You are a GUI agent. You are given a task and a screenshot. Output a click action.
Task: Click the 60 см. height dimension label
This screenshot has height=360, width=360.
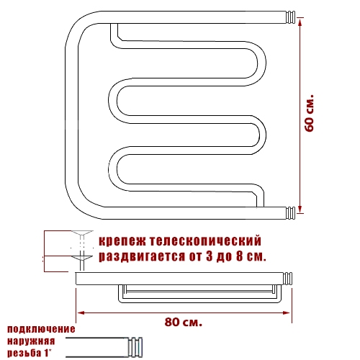click(x=310, y=112)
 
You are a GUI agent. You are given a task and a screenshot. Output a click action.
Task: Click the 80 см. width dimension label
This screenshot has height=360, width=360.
click(x=184, y=322)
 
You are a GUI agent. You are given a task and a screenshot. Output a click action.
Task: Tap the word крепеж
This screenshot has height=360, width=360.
click(x=122, y=241)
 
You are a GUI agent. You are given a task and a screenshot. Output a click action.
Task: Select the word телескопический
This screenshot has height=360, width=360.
click(x=206, y=240)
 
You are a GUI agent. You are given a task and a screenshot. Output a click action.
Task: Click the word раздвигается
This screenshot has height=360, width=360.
click(x=142, y=256)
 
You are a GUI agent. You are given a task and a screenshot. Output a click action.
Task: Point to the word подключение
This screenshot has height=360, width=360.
click(x=41, y=329)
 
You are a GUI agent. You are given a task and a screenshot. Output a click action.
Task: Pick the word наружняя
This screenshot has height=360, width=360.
click(x=31, y=341)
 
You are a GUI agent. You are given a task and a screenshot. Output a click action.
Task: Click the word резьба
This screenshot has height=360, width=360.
click(x=24, y=353)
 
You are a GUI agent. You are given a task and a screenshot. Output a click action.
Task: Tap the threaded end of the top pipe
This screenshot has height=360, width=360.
click(x=290, y=17)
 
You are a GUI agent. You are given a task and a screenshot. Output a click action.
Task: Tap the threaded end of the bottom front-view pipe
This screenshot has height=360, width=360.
click(x=290, y=213)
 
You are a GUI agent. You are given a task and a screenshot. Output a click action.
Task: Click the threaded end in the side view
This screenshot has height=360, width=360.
click(x=287, y=279)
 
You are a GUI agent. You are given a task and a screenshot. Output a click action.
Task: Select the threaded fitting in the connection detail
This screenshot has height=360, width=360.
click(x=135, y=347)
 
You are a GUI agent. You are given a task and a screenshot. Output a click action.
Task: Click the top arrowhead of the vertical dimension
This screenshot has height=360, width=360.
click(x=300, y=22)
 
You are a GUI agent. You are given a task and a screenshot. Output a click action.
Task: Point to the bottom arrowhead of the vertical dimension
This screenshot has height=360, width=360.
click(x=300, y=208)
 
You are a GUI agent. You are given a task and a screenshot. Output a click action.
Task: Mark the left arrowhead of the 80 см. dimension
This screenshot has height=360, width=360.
click(x=81, y=312)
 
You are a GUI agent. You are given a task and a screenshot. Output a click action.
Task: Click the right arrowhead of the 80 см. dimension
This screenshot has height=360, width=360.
click(x=287, y=312)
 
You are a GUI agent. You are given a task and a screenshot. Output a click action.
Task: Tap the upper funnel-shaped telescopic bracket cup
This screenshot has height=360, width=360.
click(x=82, y=233)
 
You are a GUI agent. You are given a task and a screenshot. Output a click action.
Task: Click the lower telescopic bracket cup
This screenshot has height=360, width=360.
click(x=82, y=258)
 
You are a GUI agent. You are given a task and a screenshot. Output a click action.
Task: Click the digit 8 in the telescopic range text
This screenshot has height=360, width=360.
click(x=239, y=256)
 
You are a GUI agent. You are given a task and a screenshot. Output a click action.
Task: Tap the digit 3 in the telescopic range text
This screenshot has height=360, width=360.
click(x=210, y=256)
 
